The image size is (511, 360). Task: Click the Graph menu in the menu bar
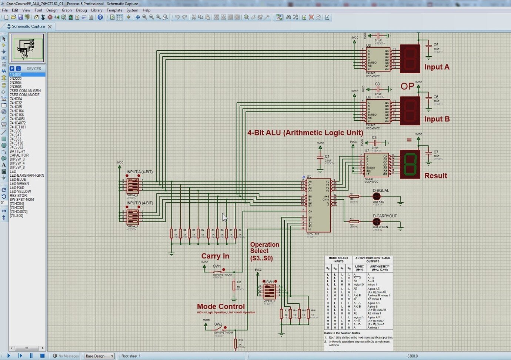(x=67, y=10)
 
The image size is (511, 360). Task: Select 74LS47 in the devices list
(x=16, y=135)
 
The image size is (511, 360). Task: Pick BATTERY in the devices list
(x=17, y=151)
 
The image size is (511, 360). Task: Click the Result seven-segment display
(x=410, y=164)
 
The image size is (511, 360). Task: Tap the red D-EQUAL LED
(x=377, y=196)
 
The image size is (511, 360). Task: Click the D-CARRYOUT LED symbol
(x=377, y=221)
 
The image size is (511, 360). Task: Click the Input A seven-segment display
(x=410, y=59)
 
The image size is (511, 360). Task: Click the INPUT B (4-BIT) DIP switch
(x=132, y=216)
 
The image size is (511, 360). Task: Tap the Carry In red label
(x=215, y=256)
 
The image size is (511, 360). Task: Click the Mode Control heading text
(x=221, y=306)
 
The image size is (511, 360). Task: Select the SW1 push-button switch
(x=218, y=270)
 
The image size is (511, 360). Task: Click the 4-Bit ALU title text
(x=305, y=133)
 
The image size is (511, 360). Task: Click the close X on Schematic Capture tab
(x=50, y=26)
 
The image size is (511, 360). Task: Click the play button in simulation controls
(x=9, y=356)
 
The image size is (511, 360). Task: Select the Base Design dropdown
(x=100, y=356)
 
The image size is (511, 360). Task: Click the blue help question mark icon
(x=100, y=17)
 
